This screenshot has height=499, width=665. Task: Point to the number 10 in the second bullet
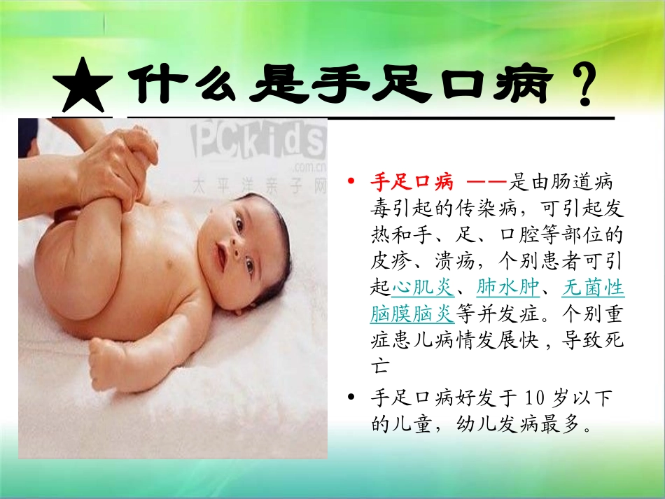coord(534,398)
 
